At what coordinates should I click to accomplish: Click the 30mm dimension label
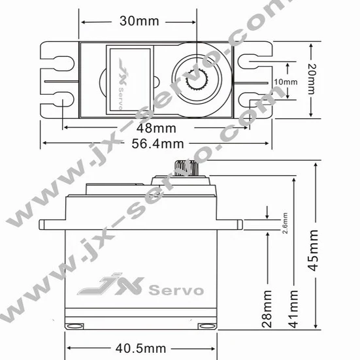point(139,21)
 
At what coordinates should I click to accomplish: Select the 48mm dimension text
point(156,128)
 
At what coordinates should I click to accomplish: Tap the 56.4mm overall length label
point(157,144)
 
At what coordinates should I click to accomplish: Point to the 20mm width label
point(312,79)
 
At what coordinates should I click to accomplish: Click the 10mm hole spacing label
point(286,82)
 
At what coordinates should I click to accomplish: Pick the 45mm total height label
point(313,250)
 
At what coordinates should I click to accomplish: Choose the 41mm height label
point(293,308)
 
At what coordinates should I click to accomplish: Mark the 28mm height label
point(267,308)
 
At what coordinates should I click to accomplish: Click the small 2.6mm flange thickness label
point(285,223)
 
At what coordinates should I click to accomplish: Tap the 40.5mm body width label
point(140,348)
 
